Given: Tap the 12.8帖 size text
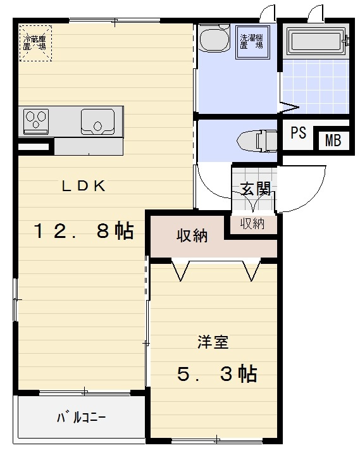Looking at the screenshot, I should click(84, 232).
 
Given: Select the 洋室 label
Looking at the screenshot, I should click(213, 342).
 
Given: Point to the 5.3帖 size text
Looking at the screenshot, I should click(217, 375).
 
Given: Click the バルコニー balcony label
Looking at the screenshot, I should click(81, 418).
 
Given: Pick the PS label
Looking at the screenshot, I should click(299, 134).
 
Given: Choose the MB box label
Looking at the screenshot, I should click(333, 140).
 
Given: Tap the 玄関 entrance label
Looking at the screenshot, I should click(256, 189).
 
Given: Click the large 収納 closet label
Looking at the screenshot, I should click(192, 236).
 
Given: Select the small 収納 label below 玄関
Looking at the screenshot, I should click(252, 223).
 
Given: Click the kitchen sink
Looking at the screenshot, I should click(97, 120).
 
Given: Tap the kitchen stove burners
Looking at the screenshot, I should click(36, 120).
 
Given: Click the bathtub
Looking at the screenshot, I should click(314, 42).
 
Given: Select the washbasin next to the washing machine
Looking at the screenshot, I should click(212, 39).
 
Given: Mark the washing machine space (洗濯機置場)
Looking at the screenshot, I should click(251, 42).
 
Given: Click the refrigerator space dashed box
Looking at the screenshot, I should click(35, 43).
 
